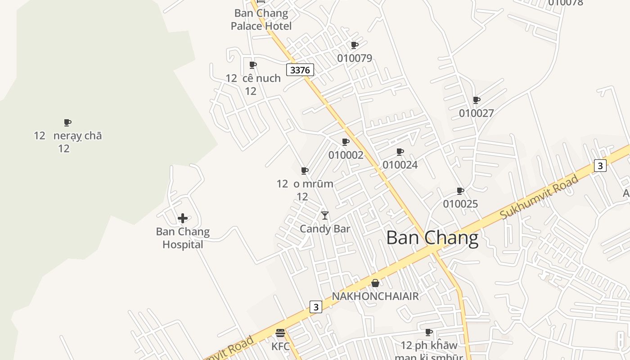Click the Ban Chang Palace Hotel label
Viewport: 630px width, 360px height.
[x=261, y=19]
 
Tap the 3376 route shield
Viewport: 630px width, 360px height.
[x=300, y=70]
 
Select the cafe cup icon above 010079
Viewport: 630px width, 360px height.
[x=355, y=45]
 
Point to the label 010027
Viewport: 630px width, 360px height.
[x=477, y=113]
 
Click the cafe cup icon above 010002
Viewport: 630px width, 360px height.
[x=346, y=142]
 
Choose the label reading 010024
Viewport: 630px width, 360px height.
[x=400, y=165]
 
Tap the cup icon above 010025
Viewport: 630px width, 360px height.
[x=460, y=191]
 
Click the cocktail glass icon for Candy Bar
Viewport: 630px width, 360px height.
[x=325, y=216]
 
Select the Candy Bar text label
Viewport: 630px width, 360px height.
[x=325, y=229]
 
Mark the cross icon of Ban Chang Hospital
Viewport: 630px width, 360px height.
[x=183, y=219]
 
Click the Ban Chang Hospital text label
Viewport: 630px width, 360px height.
[x=183, y=238]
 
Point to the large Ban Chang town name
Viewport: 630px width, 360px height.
[x=432, y=238]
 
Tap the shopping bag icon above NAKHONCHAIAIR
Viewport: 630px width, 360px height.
[x=375, y=283]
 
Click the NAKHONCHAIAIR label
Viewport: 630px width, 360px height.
[x=375, y=296]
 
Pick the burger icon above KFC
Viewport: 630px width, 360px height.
[x=280, y=333]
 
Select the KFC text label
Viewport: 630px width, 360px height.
[x=280, y=346]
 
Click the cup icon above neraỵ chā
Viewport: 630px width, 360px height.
[x=67, y=122]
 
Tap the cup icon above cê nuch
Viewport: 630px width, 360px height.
[x=253, y=65]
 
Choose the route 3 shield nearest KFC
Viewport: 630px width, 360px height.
[x=316, y=307]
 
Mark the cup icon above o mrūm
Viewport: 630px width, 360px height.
[x=305, y=171]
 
